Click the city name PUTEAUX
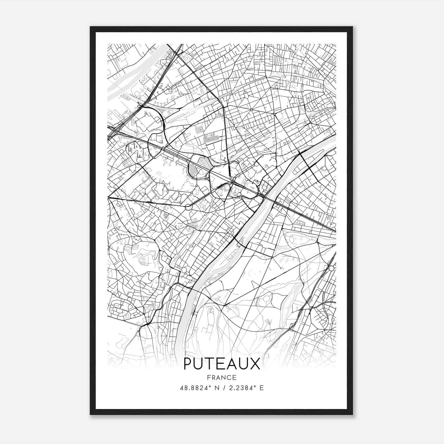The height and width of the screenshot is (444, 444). [222, 364]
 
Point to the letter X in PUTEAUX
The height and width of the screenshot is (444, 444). [255, 364]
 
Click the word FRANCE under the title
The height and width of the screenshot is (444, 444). [222, 377]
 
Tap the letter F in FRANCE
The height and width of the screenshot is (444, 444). [209, 377]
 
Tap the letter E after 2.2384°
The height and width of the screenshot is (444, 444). [261, 388]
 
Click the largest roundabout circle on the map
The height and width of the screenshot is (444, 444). [188, 207]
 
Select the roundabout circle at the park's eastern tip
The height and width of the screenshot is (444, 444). [331, 268]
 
